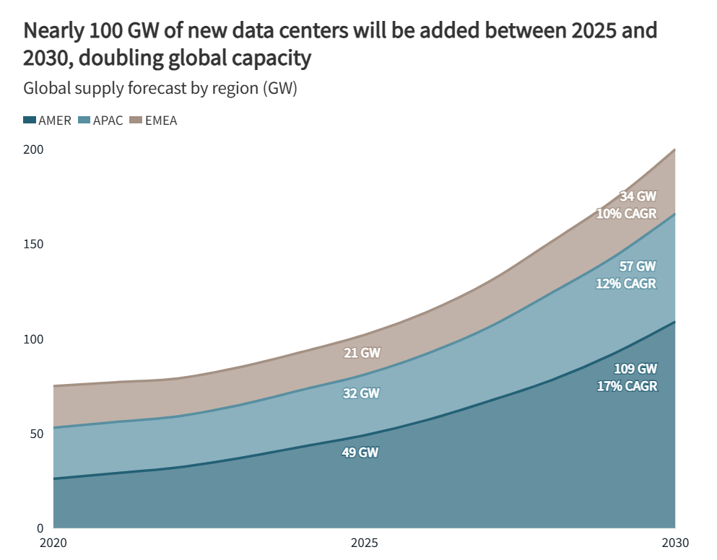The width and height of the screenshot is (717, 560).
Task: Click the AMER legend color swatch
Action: pos(30,121)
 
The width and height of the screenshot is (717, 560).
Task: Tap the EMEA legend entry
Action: pos(160,121)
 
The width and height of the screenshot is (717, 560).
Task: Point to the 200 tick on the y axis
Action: pos(34,150)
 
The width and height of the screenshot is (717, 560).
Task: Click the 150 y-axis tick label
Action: pos(34,245)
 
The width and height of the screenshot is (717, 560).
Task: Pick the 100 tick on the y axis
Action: pos(34,339)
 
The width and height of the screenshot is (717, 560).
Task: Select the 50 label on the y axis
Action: pos(37,434)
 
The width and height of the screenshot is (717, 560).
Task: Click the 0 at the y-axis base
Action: pos(40,528)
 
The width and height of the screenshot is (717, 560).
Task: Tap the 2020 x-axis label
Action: pos(53,543)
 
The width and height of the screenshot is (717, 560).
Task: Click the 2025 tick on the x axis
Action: pos(365,543)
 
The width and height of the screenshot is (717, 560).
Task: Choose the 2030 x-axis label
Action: pos(675,543)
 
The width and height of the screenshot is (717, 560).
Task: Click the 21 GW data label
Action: pos(361,353)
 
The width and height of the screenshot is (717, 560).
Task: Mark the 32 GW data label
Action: pos(361,394)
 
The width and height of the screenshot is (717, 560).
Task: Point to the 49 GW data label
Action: pos(360,452)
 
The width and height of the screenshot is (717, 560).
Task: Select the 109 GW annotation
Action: pos(635,369)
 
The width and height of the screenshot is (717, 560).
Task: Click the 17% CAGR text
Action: pos(627,386)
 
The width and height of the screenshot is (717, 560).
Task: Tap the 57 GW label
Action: pos(638,266)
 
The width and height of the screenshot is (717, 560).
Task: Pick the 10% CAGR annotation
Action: pos(626,213)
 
